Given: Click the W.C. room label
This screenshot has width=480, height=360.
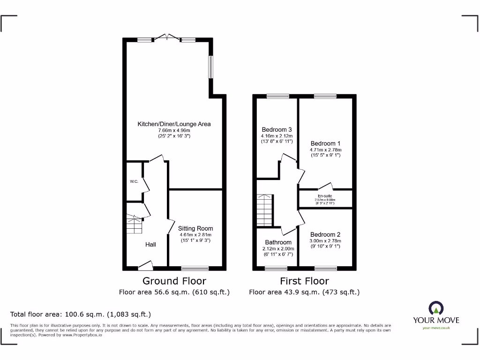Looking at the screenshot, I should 134,181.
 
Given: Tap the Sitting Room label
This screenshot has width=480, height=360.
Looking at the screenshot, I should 195,229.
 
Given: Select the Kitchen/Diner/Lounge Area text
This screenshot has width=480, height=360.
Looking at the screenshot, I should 174,124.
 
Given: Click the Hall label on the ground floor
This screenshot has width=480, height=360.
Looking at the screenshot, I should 150,244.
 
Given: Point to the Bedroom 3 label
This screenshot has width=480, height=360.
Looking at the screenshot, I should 277,129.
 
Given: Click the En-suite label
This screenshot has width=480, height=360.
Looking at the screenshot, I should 325,196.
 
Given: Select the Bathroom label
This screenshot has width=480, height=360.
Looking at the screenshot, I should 278,242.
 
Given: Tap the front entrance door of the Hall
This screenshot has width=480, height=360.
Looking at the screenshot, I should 146,267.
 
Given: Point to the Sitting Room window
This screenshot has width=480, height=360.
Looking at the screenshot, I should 195,269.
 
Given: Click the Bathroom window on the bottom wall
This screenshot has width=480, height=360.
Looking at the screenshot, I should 276,269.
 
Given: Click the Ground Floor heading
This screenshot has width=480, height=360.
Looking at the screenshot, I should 174,281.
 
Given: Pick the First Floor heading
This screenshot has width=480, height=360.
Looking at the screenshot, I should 304,281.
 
